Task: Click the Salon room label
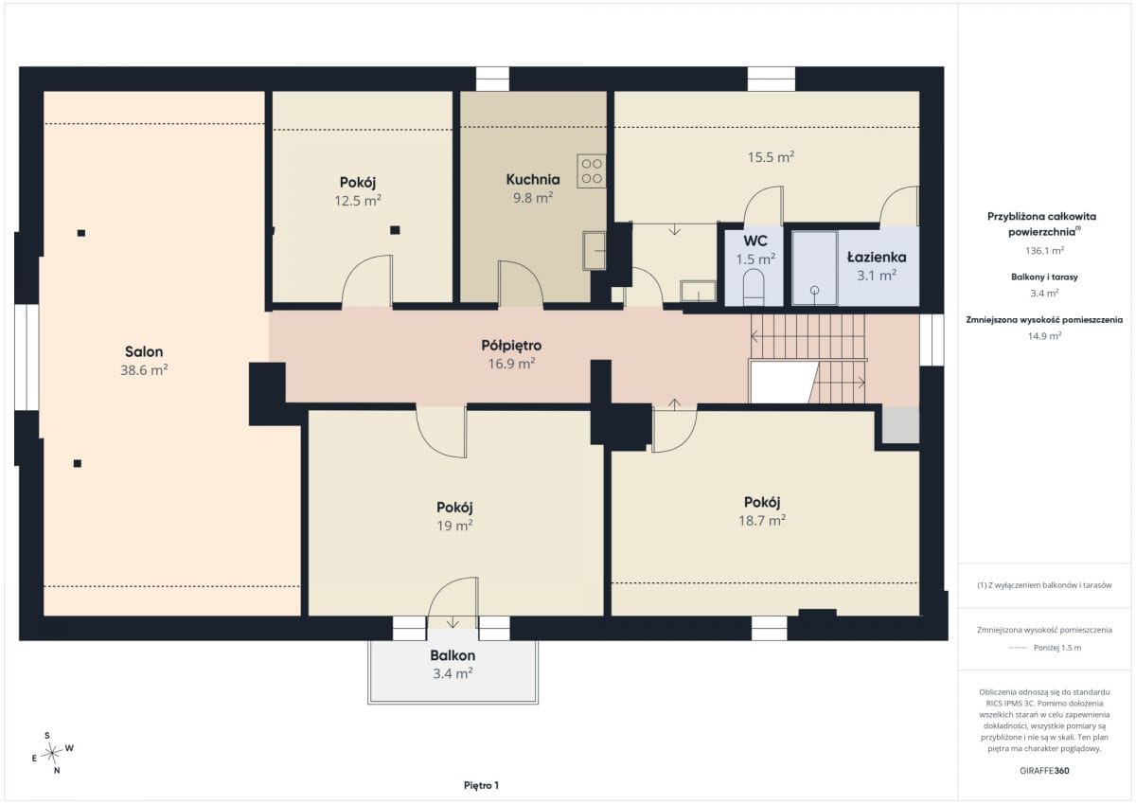point(144,351)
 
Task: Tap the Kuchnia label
point(533,179)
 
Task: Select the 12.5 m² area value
point(358,201)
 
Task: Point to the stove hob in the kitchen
point(592,171)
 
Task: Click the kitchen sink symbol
point(595,251)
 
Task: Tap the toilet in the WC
point(754,287)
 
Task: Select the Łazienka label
point(877,258)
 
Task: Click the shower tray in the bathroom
point(814,268)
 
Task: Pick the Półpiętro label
point(511,346)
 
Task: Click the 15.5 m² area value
point(771,157)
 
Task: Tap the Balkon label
point(453,655)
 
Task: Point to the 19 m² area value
point(454,526)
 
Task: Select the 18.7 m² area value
point(762,521)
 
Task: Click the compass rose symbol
point(52,753)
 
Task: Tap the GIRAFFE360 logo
point(1044,771)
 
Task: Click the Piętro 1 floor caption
point(481,785)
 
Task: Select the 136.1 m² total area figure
point(1044,251)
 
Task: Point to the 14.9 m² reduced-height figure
point(1044,336)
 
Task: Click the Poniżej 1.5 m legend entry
point(1057,648)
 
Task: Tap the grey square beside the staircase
point(900,424)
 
